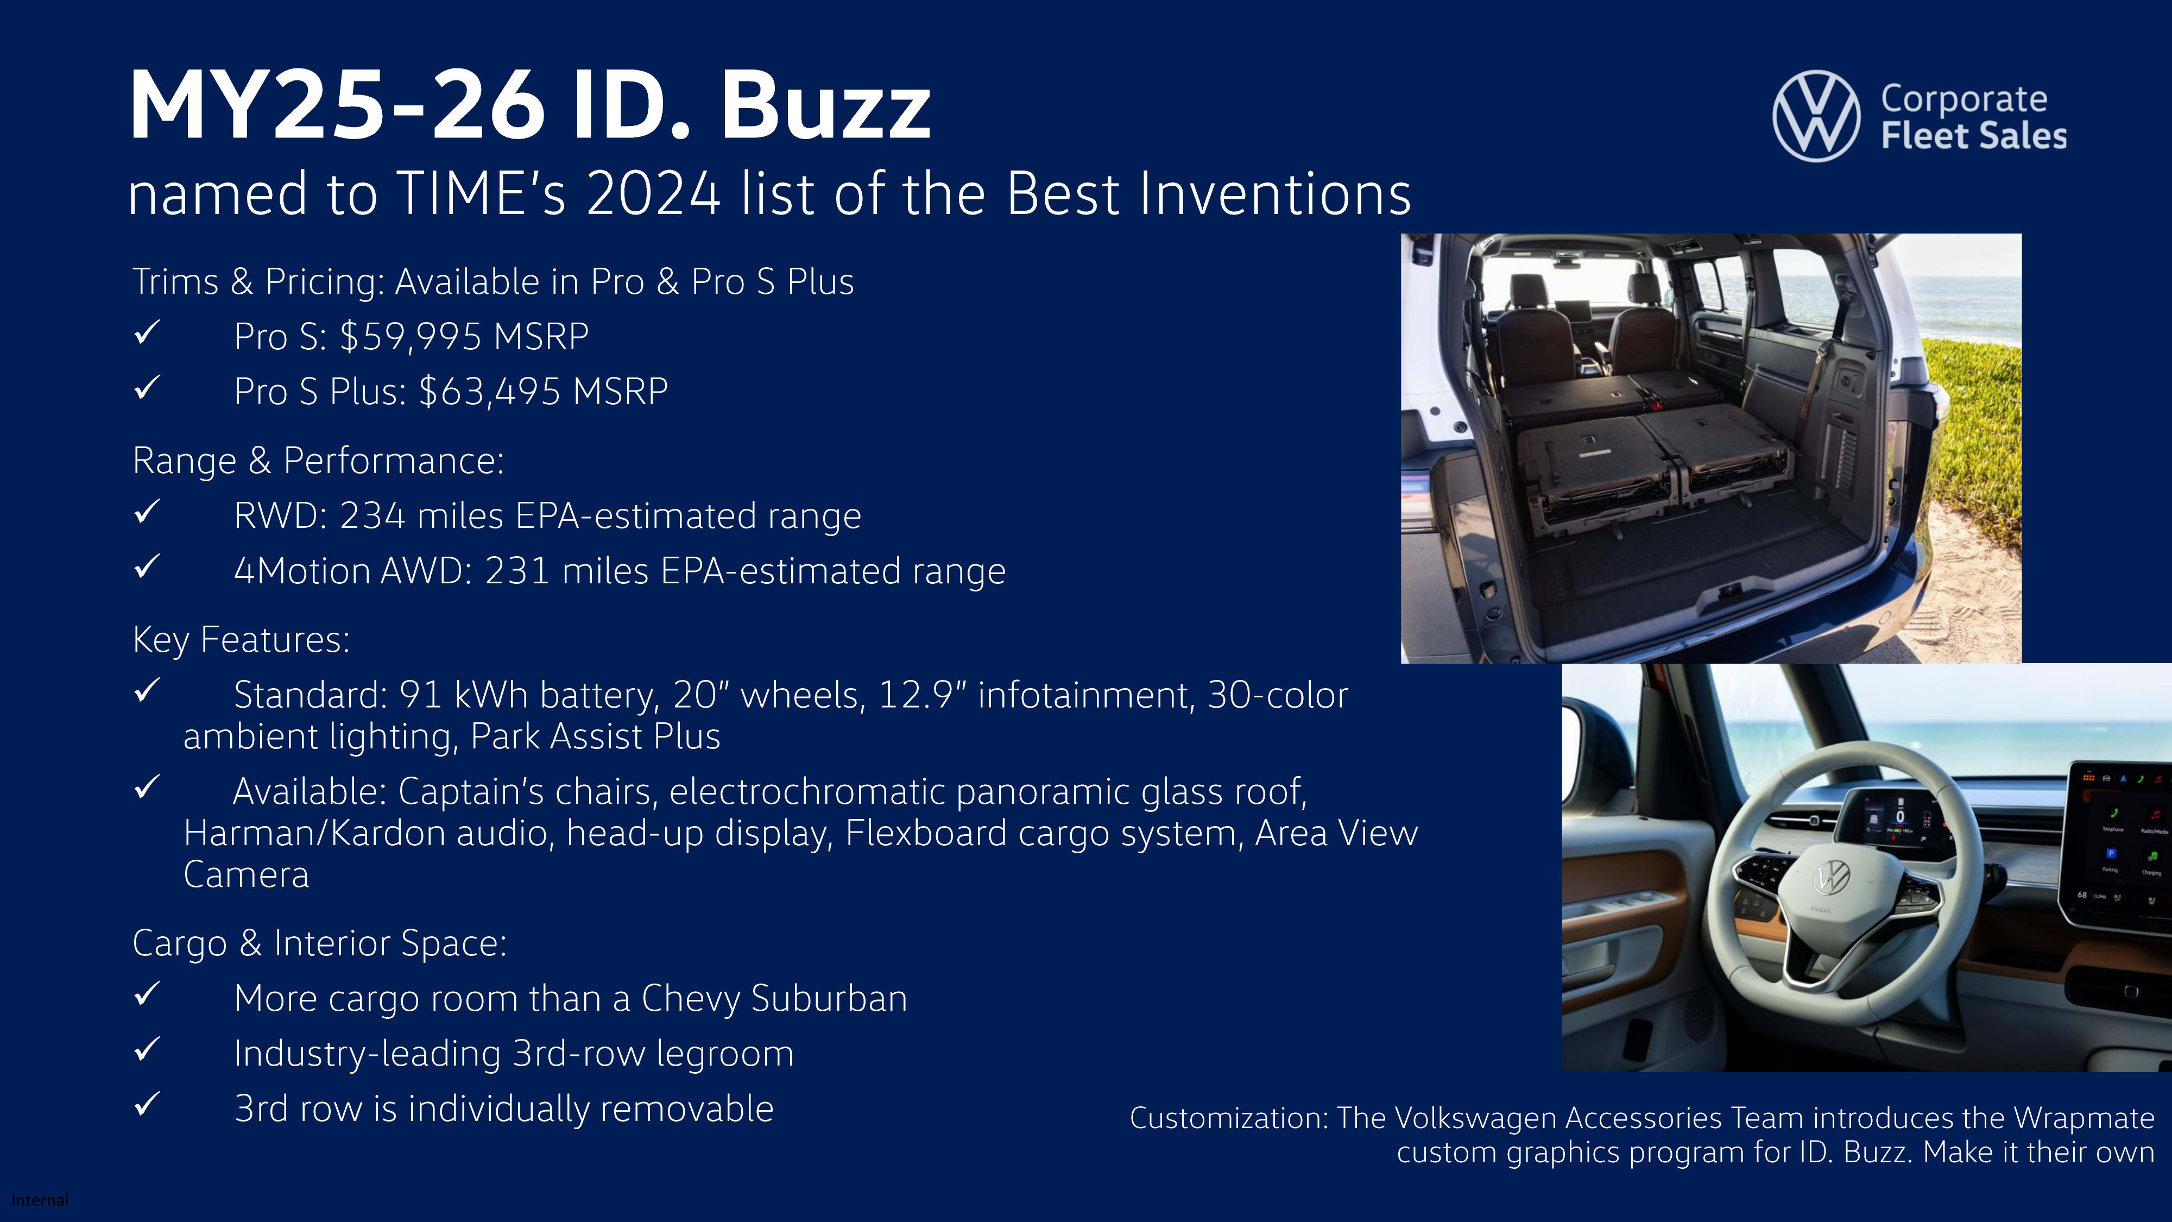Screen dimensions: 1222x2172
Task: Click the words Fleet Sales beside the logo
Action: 1973,136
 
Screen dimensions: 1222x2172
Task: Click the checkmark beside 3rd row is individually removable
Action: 147,1104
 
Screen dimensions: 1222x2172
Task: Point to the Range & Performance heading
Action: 318,461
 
